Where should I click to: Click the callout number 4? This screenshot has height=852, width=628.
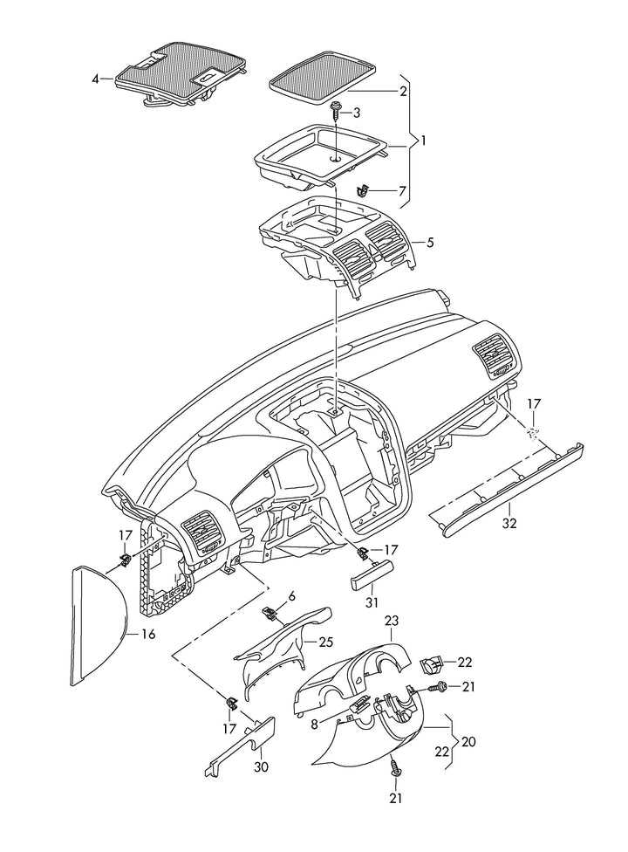point(96,79)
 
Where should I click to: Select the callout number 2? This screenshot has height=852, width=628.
point(403,91)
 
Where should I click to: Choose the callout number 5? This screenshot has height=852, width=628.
point(428,241)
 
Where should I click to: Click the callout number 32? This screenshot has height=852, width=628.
point(510,524)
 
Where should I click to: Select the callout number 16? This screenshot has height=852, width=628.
point(148,635)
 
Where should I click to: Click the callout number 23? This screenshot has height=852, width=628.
point(392,621)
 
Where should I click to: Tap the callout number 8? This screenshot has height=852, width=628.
point(315,724)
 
